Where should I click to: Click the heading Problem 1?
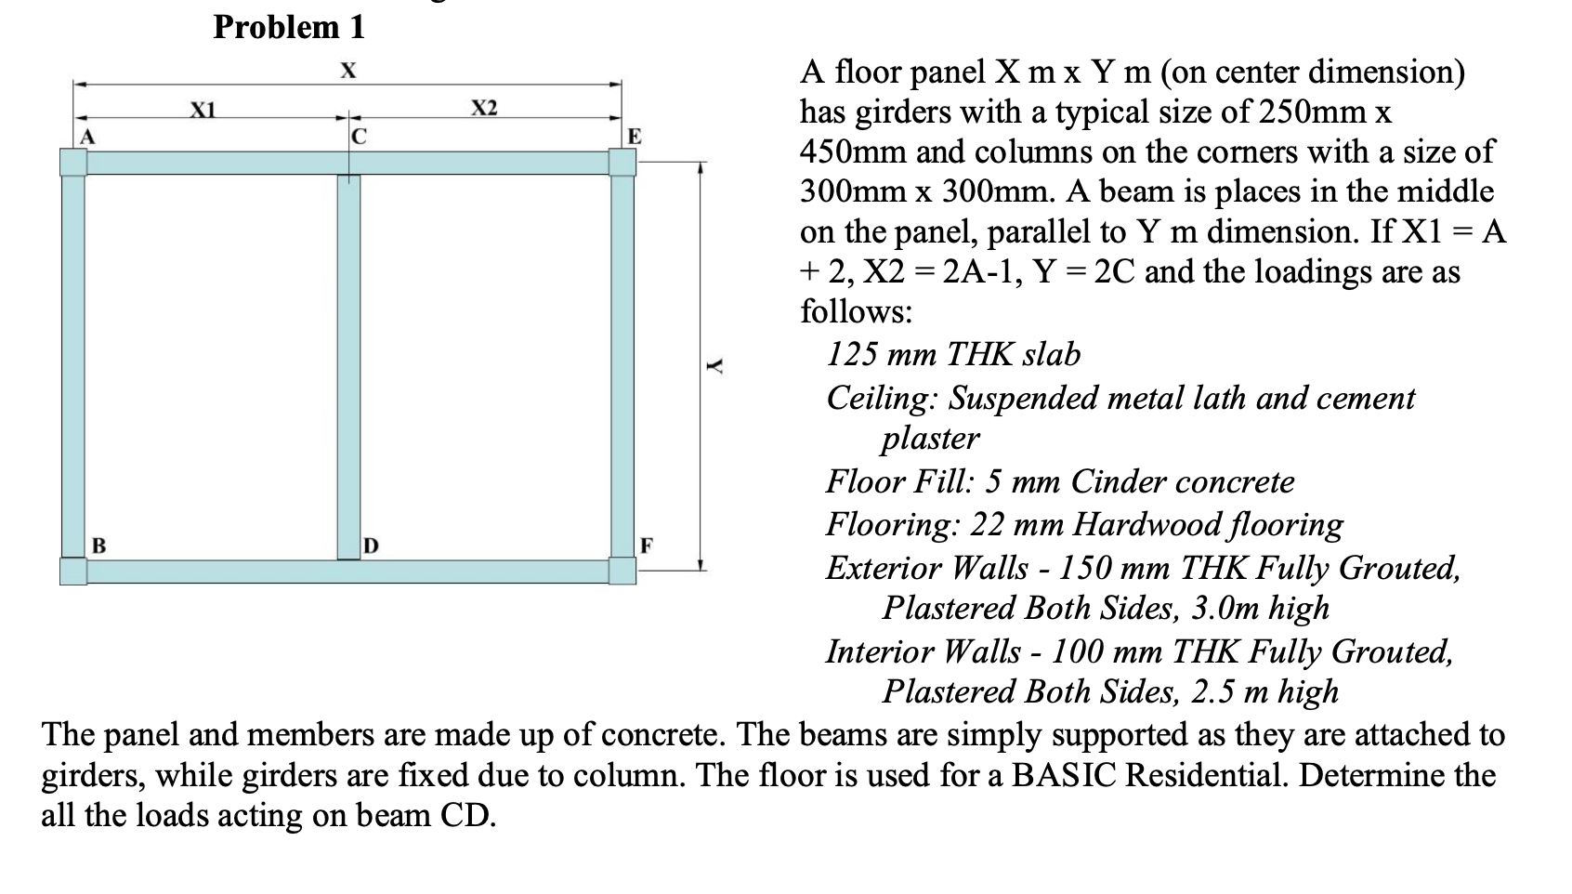pos(289,27)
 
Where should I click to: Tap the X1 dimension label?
pos(203,109)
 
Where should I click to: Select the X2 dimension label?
pos(484,108)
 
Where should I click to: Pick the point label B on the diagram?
pos(97,544)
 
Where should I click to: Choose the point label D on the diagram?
pos(371,544)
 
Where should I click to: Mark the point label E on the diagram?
pos(634,138)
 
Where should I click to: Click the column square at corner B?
pos(73,571)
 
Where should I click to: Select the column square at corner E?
pos(622,162)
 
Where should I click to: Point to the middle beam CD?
pos(348,367)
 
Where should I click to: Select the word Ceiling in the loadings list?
pos(883,399)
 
